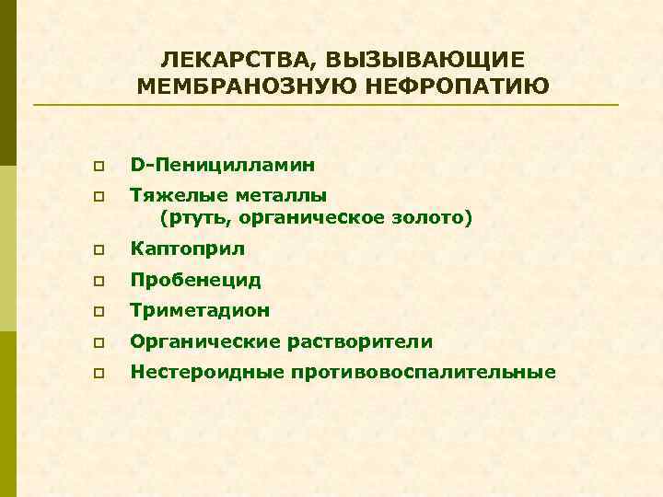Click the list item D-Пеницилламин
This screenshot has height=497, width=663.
[223, 167]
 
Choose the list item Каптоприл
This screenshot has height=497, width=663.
[188, 249]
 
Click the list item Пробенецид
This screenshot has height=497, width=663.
[196, 280]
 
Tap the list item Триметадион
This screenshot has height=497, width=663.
[200, 311]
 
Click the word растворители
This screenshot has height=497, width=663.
[366, 342]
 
